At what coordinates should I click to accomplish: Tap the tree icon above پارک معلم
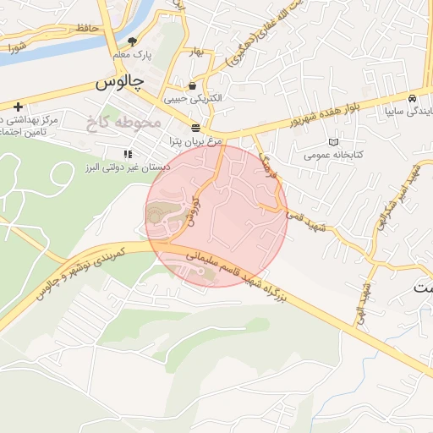[x=132, y=41]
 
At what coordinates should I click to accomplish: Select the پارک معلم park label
[x=132, y=55]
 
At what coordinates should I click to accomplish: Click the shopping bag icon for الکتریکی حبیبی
[x=194, y=85]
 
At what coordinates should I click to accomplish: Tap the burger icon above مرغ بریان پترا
[x=196, y=128]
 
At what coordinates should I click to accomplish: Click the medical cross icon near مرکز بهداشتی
[x=18, y=107]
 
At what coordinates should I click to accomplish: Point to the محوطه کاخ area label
[x=122, y=123]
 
